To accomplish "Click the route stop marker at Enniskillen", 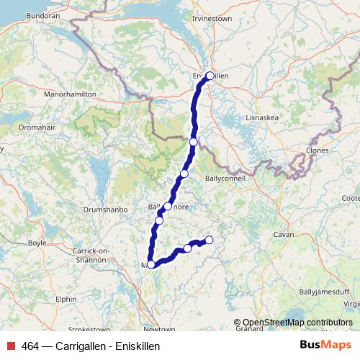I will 210,76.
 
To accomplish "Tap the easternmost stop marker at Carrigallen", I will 210,240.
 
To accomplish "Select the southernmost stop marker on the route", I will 150,265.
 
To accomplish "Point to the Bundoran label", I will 22,14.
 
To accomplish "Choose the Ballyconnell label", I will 225,177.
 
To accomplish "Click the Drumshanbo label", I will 106,209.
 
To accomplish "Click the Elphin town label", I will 65,298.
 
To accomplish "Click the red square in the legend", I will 10,346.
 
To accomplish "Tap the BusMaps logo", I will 325,345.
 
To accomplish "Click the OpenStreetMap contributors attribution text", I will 293,322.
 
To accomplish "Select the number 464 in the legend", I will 30,346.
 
